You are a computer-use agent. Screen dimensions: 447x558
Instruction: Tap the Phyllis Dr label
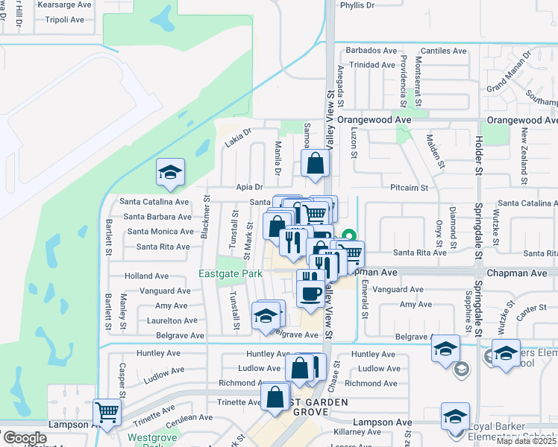357,5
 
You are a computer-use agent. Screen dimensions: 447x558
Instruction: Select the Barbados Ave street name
370,51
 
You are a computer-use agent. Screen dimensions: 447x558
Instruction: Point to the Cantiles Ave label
443,51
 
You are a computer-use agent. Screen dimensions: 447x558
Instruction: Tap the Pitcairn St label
408,188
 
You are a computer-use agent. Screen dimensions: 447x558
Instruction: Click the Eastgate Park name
231,274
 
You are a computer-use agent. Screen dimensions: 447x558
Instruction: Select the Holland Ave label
147,276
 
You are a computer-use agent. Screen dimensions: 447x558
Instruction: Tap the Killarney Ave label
357,432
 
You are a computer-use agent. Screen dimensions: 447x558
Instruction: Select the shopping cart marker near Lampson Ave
107,411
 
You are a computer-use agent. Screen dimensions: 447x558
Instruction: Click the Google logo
25,438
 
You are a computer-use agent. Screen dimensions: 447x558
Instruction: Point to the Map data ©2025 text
527,441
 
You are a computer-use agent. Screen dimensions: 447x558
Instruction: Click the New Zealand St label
525,146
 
